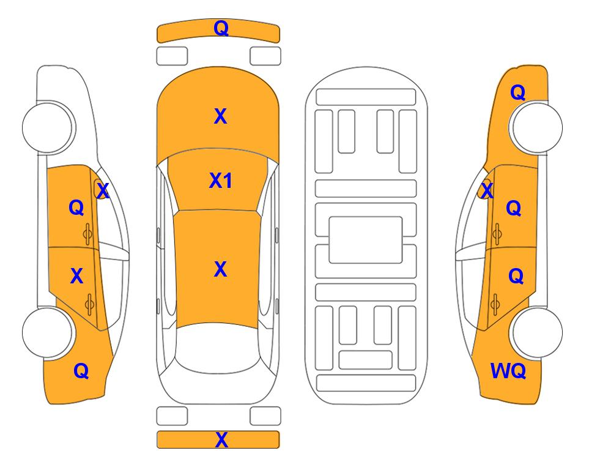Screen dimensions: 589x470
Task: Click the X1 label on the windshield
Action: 221,181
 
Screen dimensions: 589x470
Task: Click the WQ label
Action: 508,371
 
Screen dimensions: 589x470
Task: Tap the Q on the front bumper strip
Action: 221,28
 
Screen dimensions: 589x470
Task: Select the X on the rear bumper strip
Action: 221,439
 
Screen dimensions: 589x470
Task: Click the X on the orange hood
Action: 221,116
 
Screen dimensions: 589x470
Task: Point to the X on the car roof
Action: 221,269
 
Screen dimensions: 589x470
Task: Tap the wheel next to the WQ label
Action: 536,332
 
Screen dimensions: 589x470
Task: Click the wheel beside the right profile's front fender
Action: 536,127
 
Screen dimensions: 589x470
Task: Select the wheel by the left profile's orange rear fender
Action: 48,332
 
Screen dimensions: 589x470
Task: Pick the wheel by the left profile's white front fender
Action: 48,127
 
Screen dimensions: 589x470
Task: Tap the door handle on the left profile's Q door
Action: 87,234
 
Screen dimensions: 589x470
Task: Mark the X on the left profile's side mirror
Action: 102,190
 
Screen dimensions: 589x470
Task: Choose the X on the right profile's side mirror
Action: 487,190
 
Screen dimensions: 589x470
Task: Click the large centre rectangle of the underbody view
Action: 366,240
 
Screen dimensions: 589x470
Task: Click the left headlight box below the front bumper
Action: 172,56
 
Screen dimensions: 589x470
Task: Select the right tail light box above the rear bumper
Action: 265,416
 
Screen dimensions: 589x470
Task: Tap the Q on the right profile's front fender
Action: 517,92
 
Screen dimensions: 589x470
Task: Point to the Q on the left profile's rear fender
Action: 81,371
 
